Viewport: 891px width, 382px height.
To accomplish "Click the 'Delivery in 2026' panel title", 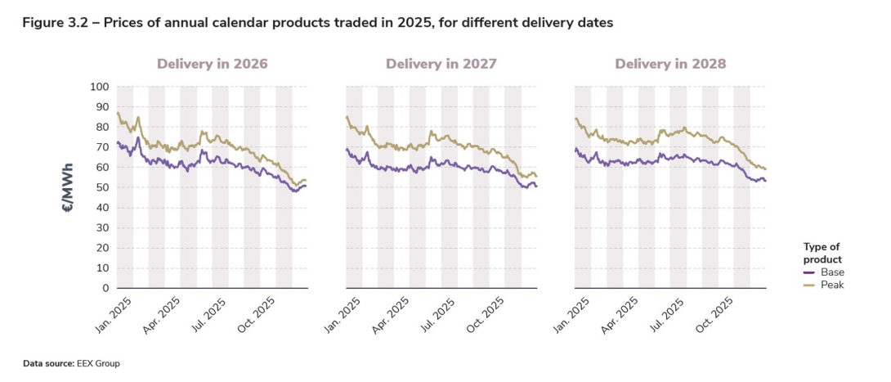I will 212,64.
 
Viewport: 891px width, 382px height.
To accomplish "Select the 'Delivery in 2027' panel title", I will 441,64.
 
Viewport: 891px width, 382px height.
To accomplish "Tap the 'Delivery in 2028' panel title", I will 670,64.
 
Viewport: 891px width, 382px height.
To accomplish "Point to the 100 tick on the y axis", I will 98,87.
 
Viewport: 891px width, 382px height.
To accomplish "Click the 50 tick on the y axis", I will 101,187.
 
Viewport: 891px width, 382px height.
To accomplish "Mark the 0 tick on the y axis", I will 105,288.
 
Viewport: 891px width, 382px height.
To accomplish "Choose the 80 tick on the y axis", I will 101,127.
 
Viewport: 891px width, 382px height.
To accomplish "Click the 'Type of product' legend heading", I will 822,253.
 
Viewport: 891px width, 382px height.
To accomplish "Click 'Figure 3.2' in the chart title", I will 53,22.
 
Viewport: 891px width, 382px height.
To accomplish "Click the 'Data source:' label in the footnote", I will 49,362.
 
